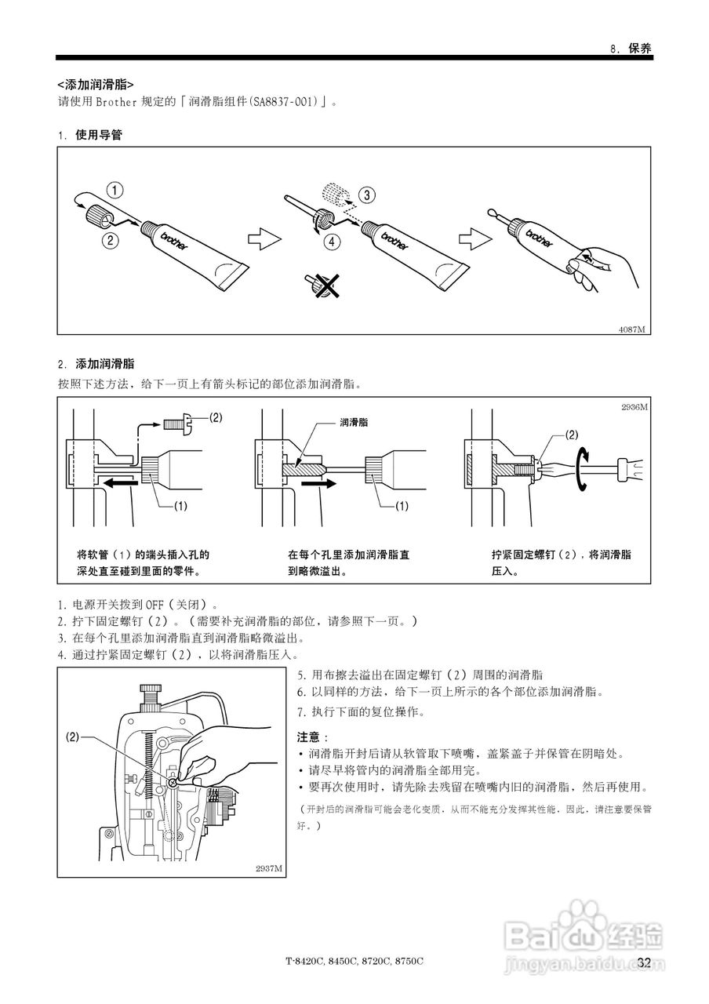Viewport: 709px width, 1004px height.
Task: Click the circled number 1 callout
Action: click(115, 189)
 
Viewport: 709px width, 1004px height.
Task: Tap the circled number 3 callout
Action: click(367, 194)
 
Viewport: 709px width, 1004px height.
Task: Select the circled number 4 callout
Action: click(335, 242)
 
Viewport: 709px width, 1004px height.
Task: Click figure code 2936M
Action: click(634, 407)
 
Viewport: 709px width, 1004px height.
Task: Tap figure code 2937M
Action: click(269, 868)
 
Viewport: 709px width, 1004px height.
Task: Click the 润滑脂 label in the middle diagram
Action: click(354, 422)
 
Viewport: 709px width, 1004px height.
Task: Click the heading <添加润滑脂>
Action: click(95, 84)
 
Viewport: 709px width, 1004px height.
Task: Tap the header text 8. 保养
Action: click(631, 48)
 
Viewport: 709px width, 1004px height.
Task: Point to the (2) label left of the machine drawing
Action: click(72, 737)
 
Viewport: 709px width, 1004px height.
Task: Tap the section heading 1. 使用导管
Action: click(90, 135)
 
